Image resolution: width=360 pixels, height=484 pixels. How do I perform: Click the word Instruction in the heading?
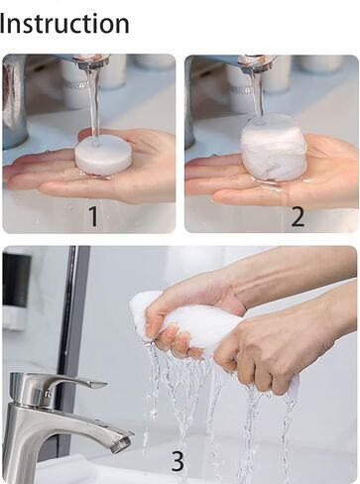pos(64,23)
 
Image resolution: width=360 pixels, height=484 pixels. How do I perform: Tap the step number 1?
pos(93,215)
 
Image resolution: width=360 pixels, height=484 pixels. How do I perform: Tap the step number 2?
pos(297,215)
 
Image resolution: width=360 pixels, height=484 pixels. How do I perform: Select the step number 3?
pos(178,460)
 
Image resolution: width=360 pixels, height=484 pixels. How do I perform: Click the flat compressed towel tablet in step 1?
pos(103,155)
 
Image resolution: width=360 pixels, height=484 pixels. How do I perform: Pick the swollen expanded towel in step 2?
pos(274,148)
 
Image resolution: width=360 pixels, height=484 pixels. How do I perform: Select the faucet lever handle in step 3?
pos(73,382)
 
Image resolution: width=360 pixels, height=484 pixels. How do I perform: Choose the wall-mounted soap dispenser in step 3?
pos(16,288)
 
